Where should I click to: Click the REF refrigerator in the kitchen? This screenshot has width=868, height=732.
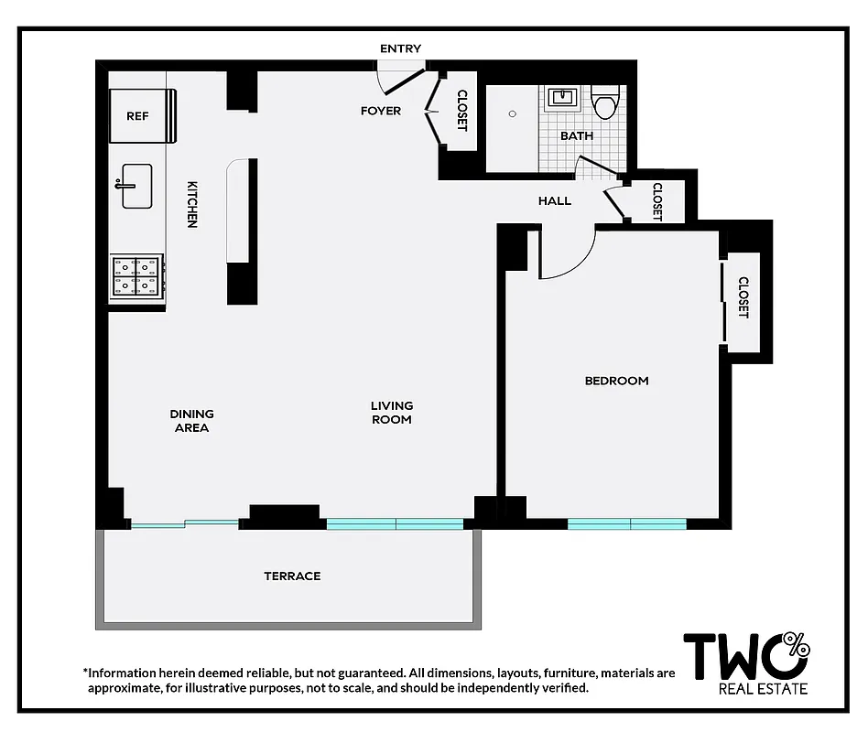click(x=138, y=116)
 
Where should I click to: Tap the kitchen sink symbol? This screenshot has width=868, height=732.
click(x=136, y=186)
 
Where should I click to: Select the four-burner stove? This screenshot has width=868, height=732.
click(x=137, y=276)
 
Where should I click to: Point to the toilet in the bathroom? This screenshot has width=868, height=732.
click(x=604, y=103)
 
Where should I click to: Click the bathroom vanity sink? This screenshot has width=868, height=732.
click(x=560, y=96)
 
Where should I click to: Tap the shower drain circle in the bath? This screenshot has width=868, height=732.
click(x=513, y=114)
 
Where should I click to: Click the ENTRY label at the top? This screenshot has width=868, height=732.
click(x=400, y=48)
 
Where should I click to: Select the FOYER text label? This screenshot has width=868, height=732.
click(x=381, y=111)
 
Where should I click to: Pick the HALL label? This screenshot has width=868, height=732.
click(x=555, y=200)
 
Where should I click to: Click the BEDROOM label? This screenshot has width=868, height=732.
click(x=616, y=381)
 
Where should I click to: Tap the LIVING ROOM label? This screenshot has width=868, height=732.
click(x=392, y=413)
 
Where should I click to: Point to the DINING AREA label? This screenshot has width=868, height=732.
click(x=191, y=421)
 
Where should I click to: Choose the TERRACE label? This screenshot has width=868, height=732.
click(x=292, y=576)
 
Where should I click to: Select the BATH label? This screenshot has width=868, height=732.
click(x=577, y=135)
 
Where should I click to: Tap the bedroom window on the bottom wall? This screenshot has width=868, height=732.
click(x=627, y=524)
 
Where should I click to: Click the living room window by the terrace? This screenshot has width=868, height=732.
click(x=396, y=524)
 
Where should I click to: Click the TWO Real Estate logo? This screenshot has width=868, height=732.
click(x=746, y=662)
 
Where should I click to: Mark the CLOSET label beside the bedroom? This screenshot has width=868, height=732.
click(x=743, y=297)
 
